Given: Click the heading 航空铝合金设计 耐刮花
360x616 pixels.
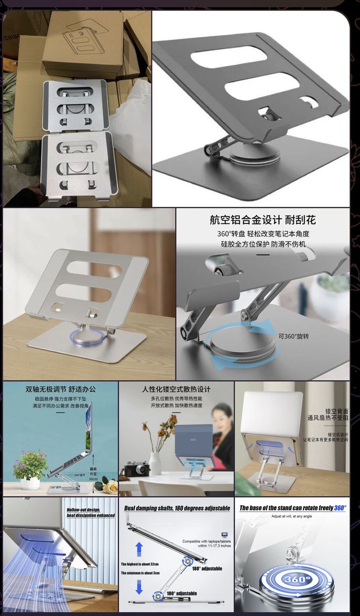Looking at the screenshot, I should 262,220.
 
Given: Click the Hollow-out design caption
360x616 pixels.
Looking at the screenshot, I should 90,512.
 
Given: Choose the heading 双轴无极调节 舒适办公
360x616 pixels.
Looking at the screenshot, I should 60,389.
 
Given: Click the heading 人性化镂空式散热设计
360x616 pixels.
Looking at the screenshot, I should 176,389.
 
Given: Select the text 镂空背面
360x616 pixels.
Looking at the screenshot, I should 337,411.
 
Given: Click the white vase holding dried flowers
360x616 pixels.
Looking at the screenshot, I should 155,463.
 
